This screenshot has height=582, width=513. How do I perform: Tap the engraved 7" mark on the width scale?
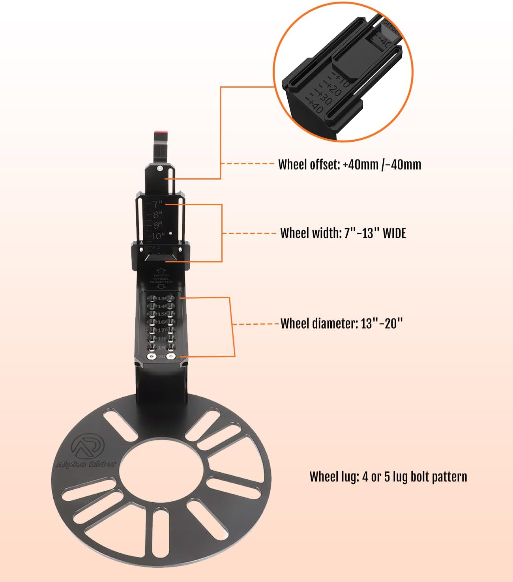click(x=157, y=204)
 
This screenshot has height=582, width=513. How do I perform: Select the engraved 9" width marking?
click(x=158, y=225)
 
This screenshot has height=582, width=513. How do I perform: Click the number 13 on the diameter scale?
click(x=162, y=298)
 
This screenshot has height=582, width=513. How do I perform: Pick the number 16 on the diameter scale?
click(x=162, y=322)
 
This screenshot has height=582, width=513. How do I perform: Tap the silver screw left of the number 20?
click(x=151, y=357)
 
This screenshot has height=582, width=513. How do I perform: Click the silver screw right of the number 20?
click(x=170, y=357)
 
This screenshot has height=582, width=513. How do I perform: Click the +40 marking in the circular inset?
click(x=316, y=106)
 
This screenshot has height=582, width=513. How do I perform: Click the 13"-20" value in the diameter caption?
click(x=382, y=324)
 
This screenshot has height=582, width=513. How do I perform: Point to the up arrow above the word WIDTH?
click(x=161, y=271)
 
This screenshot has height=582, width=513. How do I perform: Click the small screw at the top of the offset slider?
click(x=159, y=168)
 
